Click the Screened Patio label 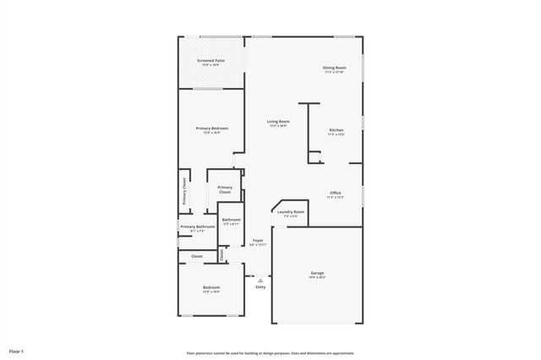coord(210,61)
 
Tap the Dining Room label coord(334,68)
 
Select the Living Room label coord(279,122)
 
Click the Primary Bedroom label coord(211,128)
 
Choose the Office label coord(336,193)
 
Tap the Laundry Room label coord(290,212)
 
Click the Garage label coord(317,273)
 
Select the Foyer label coord(258,241)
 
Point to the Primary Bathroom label coord(198,226)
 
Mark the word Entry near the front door coord(260,287)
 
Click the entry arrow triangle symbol coord(260,280)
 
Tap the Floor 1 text coord(16,350)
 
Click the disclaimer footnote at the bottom coord(270,353)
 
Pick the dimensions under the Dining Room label coord(334,72)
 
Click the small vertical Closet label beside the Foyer coord(221,253)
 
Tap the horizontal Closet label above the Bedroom coord(196,256)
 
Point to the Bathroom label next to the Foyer coord(231,220)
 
